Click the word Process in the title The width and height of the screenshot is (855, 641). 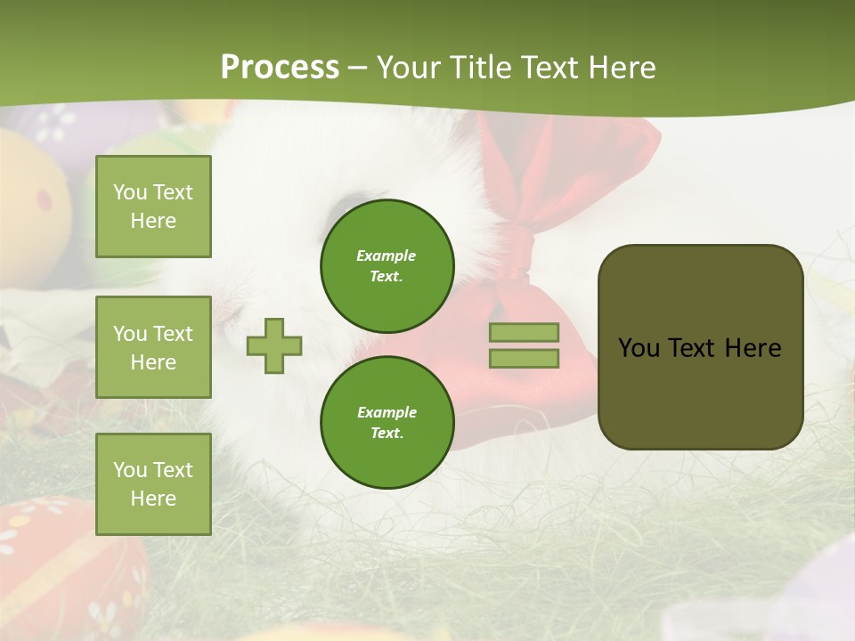[280, 67]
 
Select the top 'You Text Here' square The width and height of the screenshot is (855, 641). [153, 207]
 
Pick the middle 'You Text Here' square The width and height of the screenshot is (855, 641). [153, 347]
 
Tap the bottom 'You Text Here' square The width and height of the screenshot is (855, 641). [153, 483]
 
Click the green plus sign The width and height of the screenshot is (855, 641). [274, 345]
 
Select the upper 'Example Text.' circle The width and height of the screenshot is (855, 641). [387, 266]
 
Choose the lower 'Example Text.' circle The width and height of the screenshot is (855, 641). [387, 423]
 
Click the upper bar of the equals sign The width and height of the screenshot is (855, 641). [524, 332]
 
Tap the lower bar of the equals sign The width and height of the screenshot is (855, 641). [524, 359]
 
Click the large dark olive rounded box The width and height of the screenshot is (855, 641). [700, 346]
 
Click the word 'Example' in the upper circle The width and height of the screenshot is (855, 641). [387, 256]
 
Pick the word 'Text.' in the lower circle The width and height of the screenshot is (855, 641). [387, 434]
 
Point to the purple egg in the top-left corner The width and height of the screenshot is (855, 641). [62, 125]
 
